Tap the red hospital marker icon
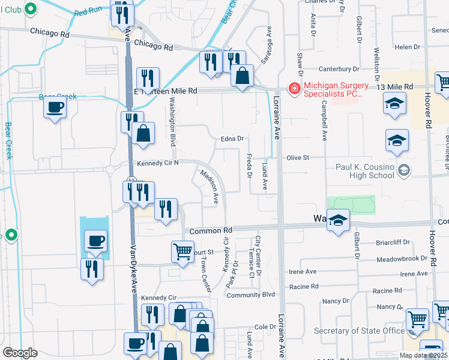point(294,89)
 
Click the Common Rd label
point(211,230)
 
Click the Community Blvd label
point(250,295)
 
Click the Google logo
point(20,352)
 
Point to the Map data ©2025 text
point(423,355)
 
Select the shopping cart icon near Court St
point(182,252)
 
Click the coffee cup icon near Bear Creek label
point(55,108)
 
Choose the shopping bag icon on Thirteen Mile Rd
point(242,76)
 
